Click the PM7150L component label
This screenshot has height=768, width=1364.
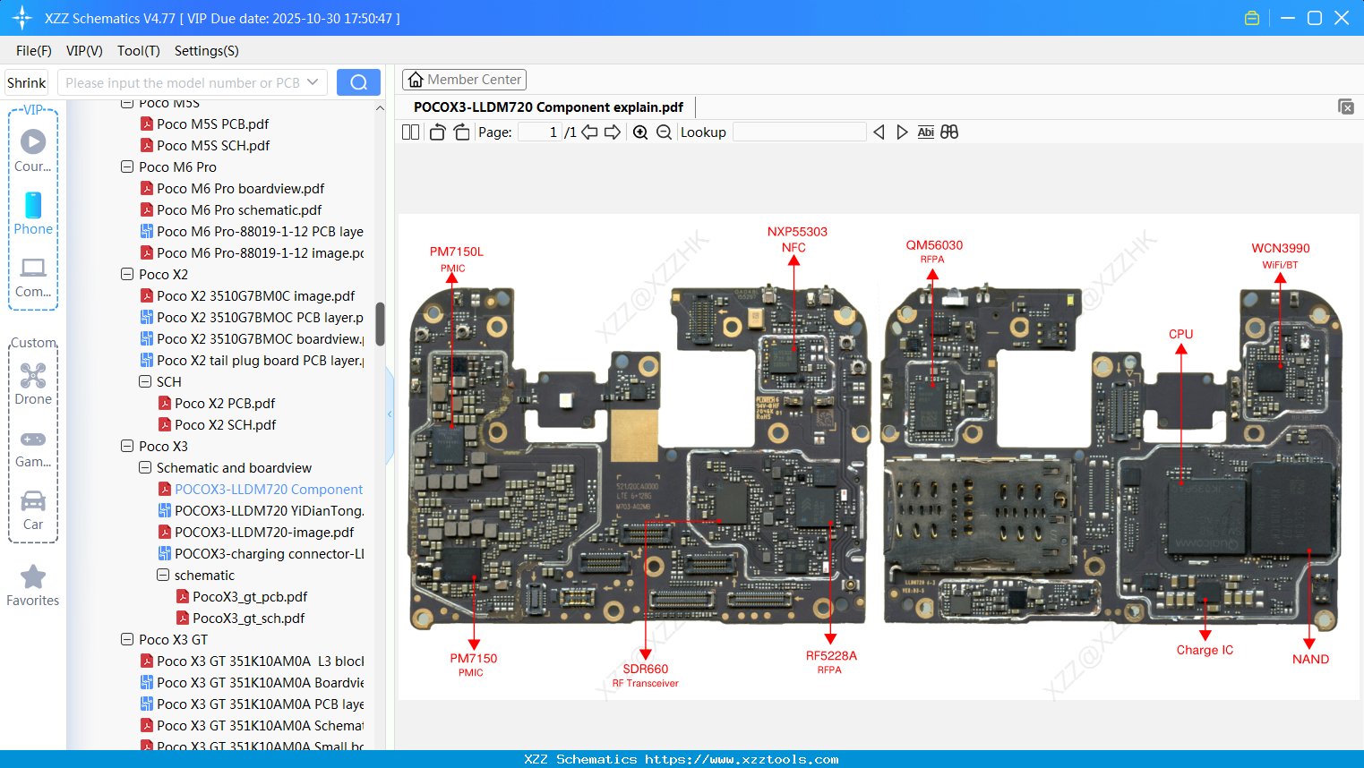pyautogui.click(x=456, y=252)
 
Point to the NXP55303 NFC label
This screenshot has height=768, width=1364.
pyautogui.click(x=797, y=232)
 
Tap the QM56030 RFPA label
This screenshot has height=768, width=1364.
pyautogui.click(x=934, y=245)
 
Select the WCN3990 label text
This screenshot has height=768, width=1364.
pyautogui.click(x=1280, y=249)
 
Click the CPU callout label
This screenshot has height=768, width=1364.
pyautogui.click(x=1180, y=334)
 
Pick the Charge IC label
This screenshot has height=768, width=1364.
pyautogui.click(x=1205, y=650)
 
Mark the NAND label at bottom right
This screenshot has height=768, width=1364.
pyautogui.click(x=1310, y=659)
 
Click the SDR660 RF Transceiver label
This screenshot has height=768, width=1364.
pyautogui.click(x=646, y=670)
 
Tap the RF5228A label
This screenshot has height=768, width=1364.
pyautogui.click(x=831, y=656)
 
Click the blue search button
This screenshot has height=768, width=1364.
pyautogui.click(x=358, y=82)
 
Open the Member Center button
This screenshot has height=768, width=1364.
pyautogui.click(x=464, y=80)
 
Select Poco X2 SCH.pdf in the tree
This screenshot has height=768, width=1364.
pyautogui.click(x=225, y=425)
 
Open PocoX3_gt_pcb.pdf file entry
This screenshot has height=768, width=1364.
pyautogui.click(x=250, y=597)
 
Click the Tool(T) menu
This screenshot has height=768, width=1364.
pyautogui.click(x=138, y=51)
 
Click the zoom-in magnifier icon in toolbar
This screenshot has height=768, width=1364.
pyautogui.click(x=640, y=132)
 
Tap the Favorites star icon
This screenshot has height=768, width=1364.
pyautogui.click(x=33, y=577)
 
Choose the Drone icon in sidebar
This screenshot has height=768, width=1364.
pyautogui.click(x=33, y=377)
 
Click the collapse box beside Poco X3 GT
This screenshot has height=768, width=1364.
pyautogui.click(x=127, y=640)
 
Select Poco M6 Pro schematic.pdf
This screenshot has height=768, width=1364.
pyautogui.click(x=239, y=210)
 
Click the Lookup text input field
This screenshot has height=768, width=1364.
pyautogui.click(x=799, y=132)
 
